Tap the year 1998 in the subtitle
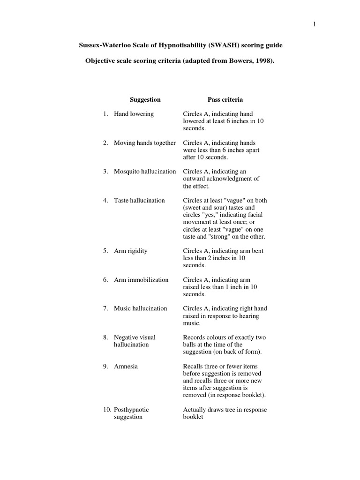pyautogui.click(x=262, y=62)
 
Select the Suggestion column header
pyautogui.click(x=145, y=99)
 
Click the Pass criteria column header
pyautogui.click(x=225, y=99)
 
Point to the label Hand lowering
pyautogui.click(x=134, y=114)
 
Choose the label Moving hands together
pyautogui.click(x=144, y=143)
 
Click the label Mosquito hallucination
pyautogui.click(x=145, y=172)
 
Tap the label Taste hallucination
pyautogui.click(x=139, y=200)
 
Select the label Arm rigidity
pyautogui.click(x=130, y=251)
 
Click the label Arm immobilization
pyautogui.click(x=141, y=280)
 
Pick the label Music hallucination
pyautogui.click(x=140, y=308)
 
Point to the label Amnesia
pyautogui.click(x=126, y=366)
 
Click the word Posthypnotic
pyautogui.click(x=131, y=410)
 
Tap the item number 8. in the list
pyautogui.click(x=106, y=337)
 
